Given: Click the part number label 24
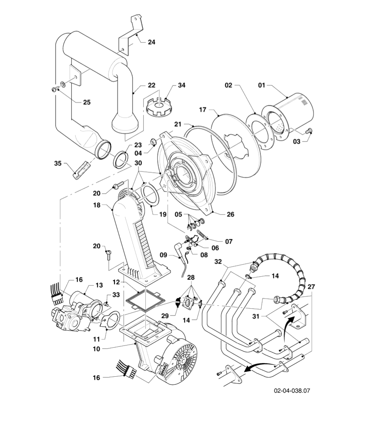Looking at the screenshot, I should coord(151,42).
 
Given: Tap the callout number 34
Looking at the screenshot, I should coord(182,85).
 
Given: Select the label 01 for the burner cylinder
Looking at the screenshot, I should coord(262,86).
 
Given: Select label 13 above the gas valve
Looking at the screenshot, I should coord(99,285).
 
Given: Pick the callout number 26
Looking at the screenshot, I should coord(230,215).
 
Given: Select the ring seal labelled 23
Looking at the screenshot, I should coord(121,160).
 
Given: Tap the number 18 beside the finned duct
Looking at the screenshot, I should coord(97,205).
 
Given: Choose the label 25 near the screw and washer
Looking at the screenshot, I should coord(86,102).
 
